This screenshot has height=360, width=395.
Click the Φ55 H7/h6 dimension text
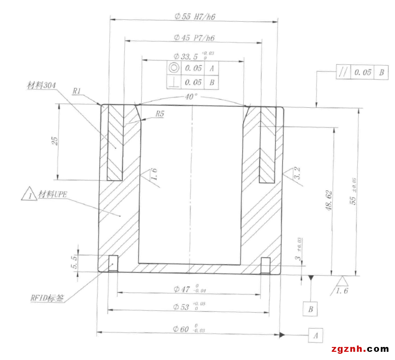pyautogui.click(x=195, y=16)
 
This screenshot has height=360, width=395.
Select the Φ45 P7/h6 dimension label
pyautogui.click(x=194, y=38)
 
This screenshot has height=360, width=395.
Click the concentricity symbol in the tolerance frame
pyautogui.click(x=174, y=68)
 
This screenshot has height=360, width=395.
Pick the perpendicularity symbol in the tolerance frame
pyautogui.click(x=174, y=82)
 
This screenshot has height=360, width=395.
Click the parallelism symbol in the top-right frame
pyautogui.click(x=343, y=72)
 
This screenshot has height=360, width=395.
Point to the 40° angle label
pyautogui.click(x=191, y=97)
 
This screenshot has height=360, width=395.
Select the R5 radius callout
pyautogui.click(x=160, y=114)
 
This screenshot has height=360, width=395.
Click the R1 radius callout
pyautogui.click(x=76, y=91)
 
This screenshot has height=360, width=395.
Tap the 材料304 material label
pyautogui.click(x=42, y=86)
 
